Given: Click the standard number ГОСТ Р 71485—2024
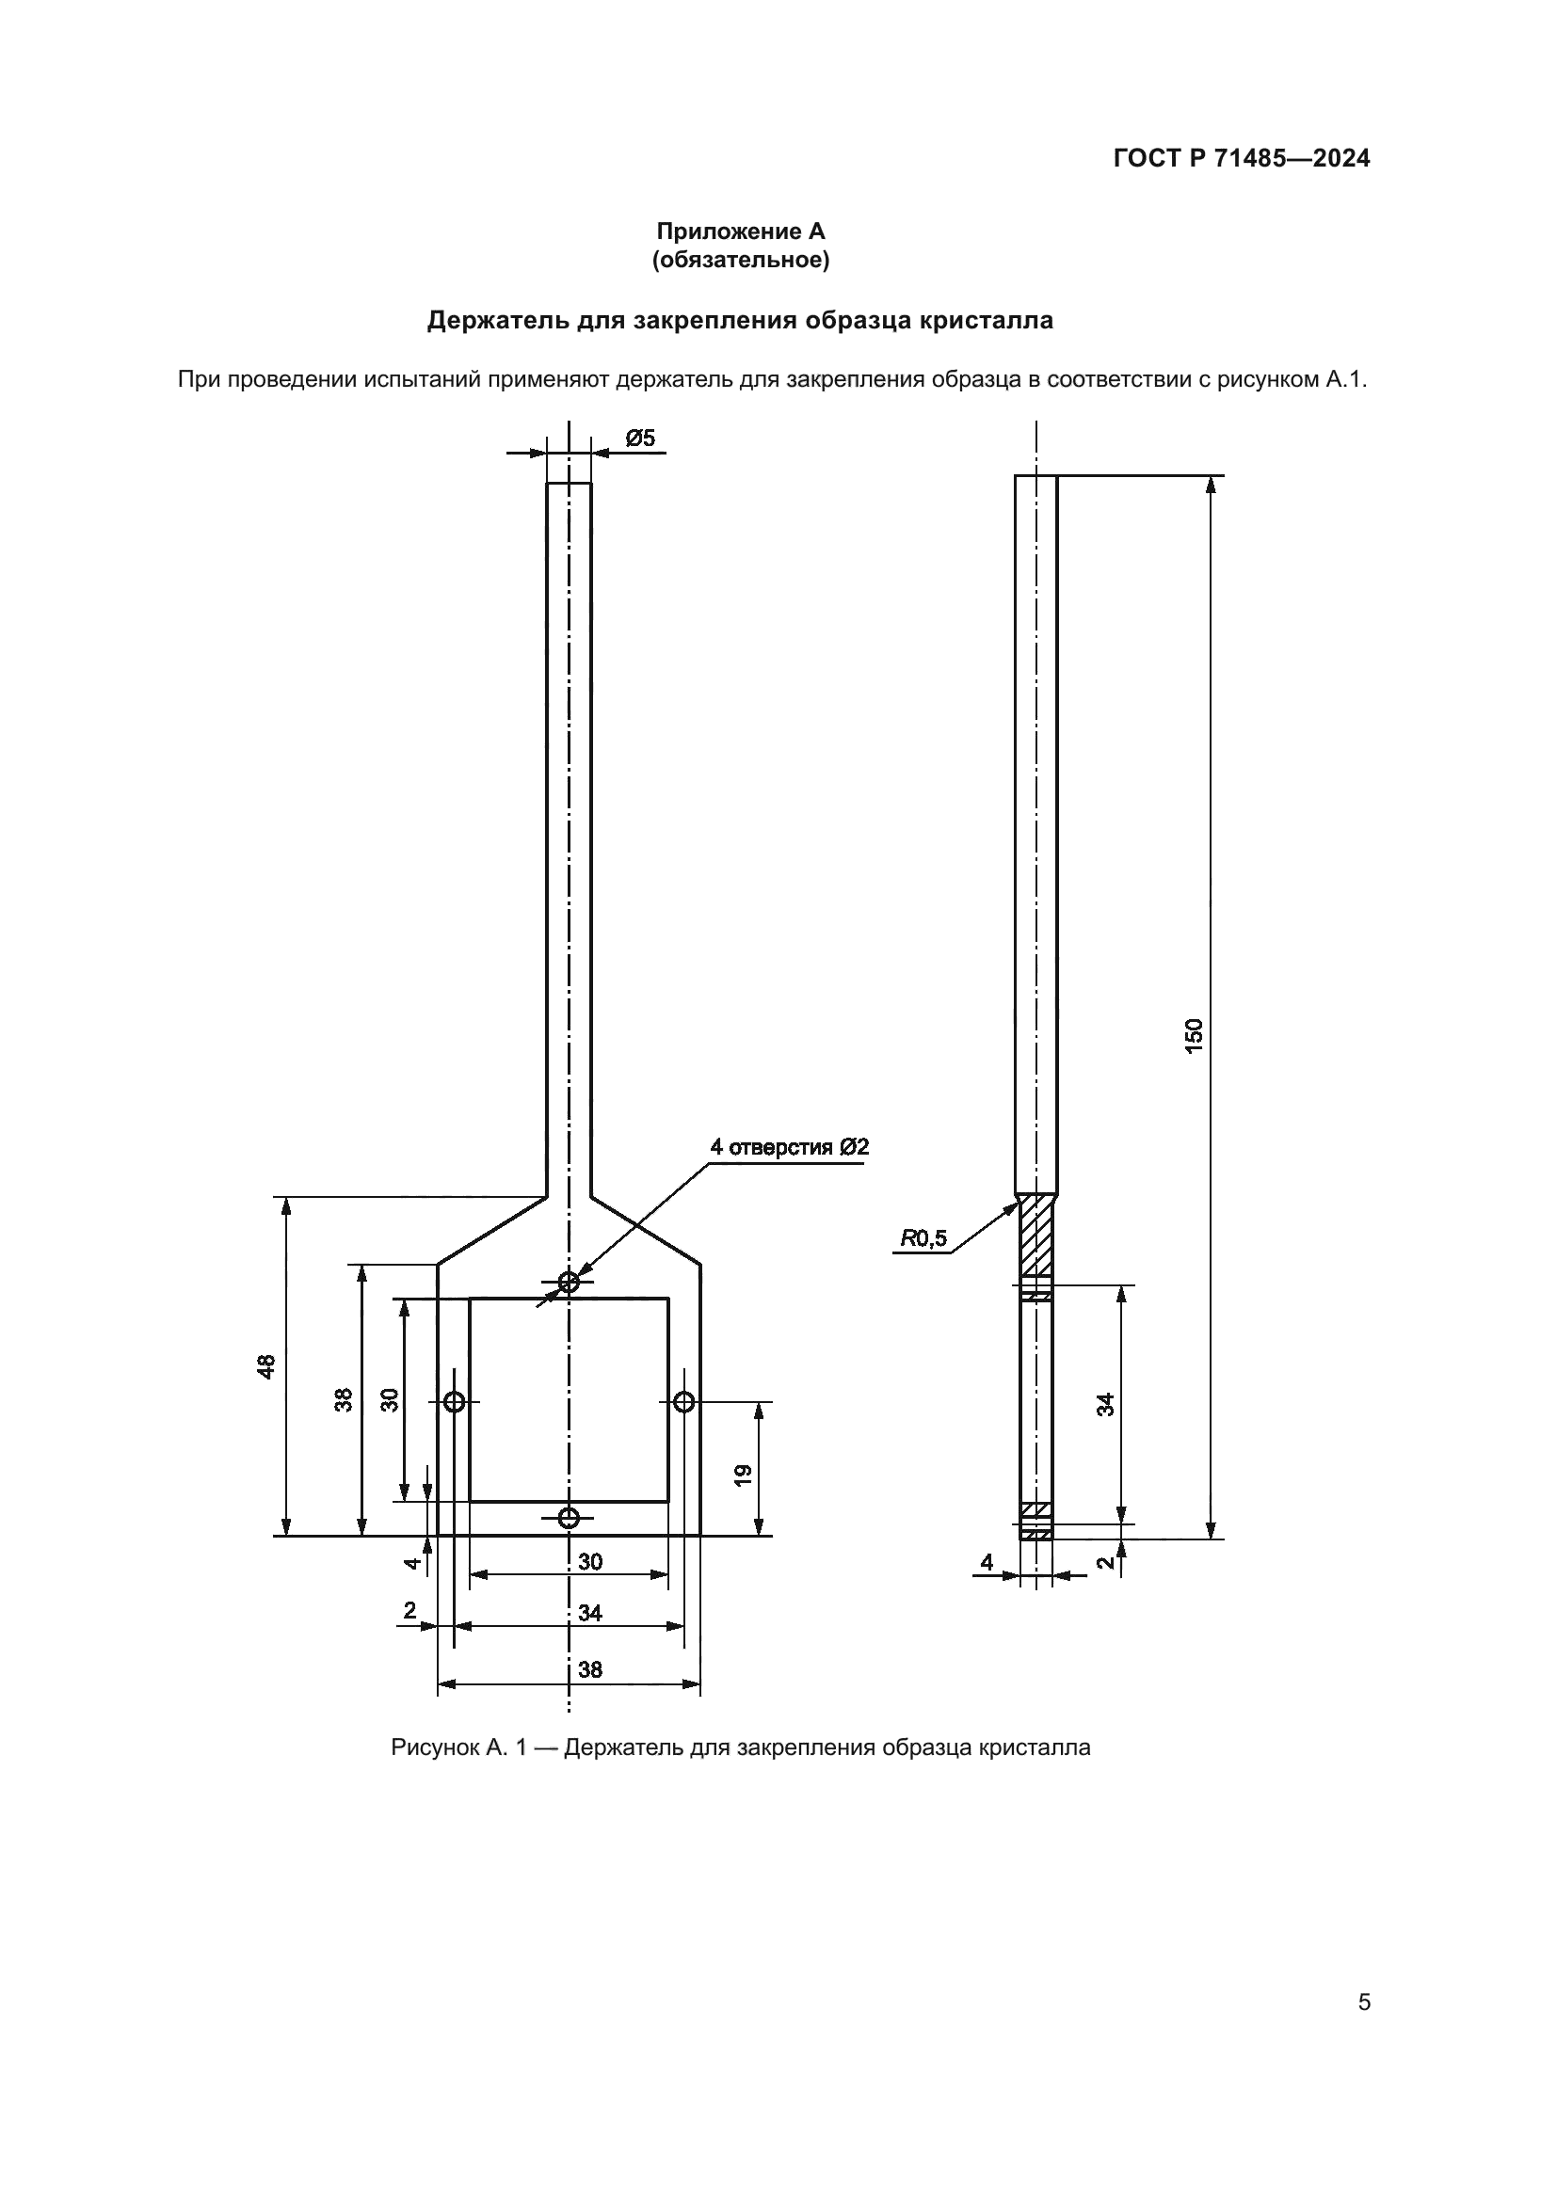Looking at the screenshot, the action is pos(1242,158).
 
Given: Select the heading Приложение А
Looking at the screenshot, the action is pos(740,231).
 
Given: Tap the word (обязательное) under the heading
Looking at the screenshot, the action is pos(740,260).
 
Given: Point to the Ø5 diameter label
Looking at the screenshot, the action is pos(639,439).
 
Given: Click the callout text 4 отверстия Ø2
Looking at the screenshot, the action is pos(789,1146).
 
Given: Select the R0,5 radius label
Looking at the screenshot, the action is pos(923,1239).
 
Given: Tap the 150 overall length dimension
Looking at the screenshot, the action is pos(1194,1036).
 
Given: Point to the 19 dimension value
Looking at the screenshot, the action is pos(744,1475).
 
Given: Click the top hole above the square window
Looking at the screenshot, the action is pos(569,1282).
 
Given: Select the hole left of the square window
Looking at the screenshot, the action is pos(455,1401).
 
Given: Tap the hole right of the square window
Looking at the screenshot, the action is pos(683,1401).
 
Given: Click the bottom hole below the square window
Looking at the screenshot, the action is pos(569,1518).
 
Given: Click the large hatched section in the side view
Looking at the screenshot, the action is pos(1035,1235).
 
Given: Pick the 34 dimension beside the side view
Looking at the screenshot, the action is pos(1105,1404).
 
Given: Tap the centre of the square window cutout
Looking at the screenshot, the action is pos(569,1399).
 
